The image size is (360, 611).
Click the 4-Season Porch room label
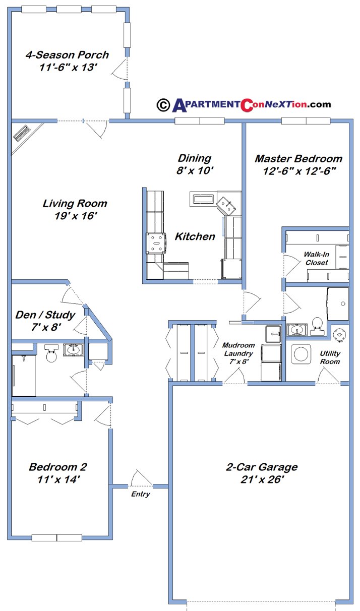tap(67, 55)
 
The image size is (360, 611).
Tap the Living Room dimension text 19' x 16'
tap(76, 216)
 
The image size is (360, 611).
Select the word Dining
tap(194, 158)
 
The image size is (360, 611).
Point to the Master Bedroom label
tap(298, 159)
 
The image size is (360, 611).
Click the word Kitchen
tap(195, 236)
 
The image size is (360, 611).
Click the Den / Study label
tap(45, 316)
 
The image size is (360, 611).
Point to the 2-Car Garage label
tap(261, 467)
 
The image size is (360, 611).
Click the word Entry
tap(140, 495)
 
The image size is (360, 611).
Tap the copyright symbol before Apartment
tap(163, 104)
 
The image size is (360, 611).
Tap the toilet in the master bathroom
tap(317, 325)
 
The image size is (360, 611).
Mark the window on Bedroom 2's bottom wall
tap(56, 537)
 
